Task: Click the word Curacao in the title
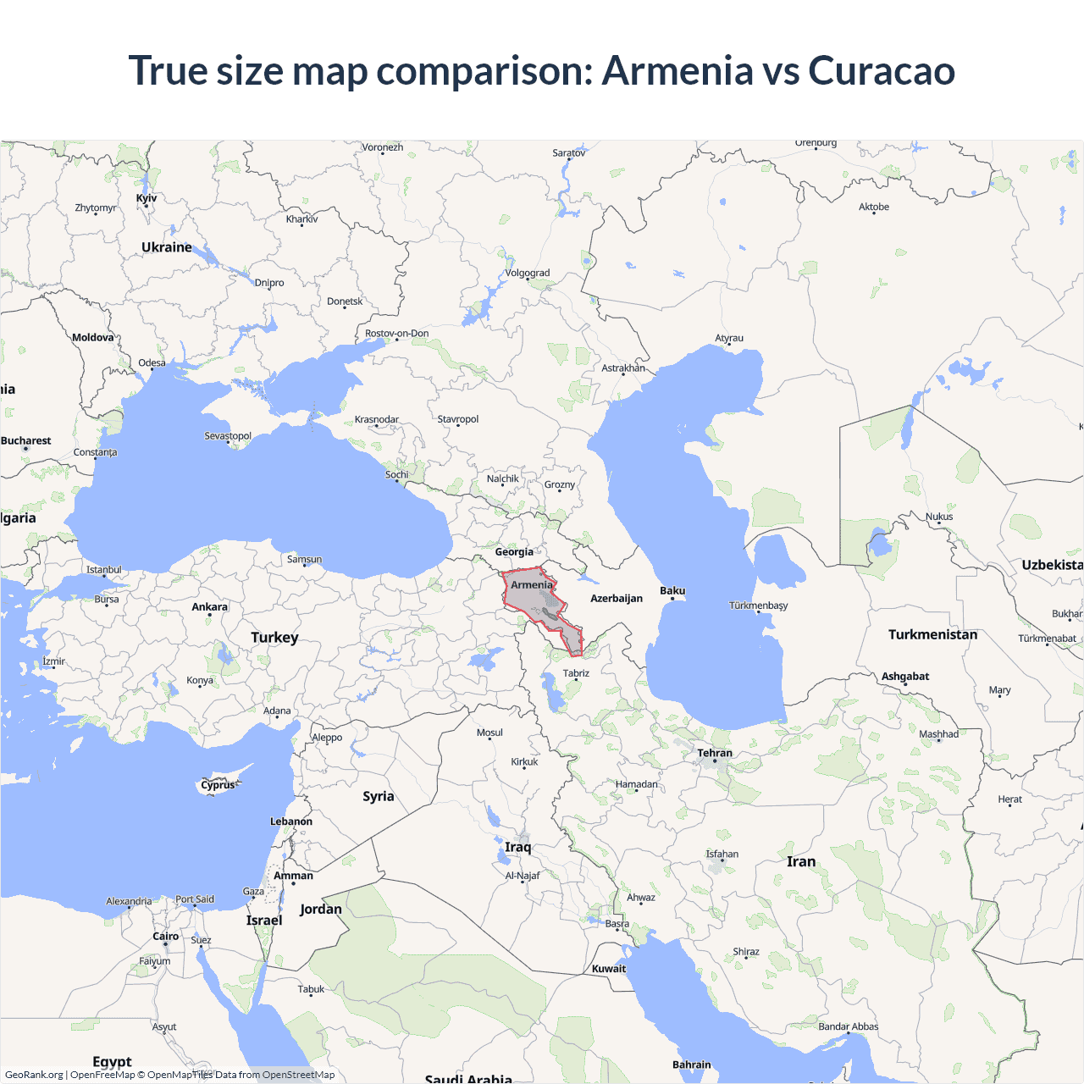[882, 70]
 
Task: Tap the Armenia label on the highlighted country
[532, 585]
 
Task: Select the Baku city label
[672, 590]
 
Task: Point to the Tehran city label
[715, 753]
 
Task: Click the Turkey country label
[274, 637]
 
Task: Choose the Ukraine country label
[167, 247]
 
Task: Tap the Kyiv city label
[147, 198]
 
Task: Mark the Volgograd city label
[528, 273]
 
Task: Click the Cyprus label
[218, 785]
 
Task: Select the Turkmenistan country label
[932, 634]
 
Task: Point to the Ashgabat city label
[905, 676]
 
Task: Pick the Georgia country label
[514, 552]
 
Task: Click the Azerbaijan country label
[617, 598]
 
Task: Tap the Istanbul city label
[104, 570]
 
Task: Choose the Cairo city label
[166, 936]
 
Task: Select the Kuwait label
[609, 969]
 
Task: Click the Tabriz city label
[576, 673]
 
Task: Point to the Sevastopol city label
[228, 436]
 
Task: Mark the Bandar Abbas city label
[849, 1026]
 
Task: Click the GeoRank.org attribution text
[34, 1075]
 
